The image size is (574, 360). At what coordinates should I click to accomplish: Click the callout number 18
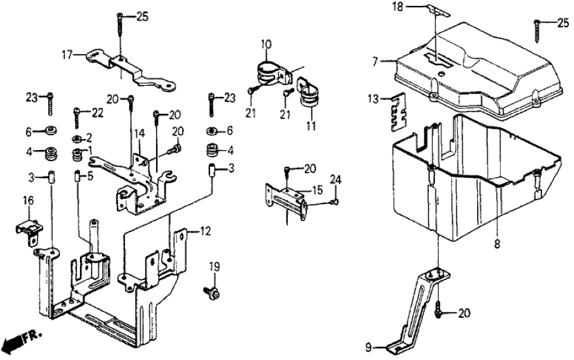pos(397,6)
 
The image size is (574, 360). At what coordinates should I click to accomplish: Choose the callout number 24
pos(335,179)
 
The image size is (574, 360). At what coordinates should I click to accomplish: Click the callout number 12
pos(205,230)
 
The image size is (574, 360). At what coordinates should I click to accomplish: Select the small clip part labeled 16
pos(27,230)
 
